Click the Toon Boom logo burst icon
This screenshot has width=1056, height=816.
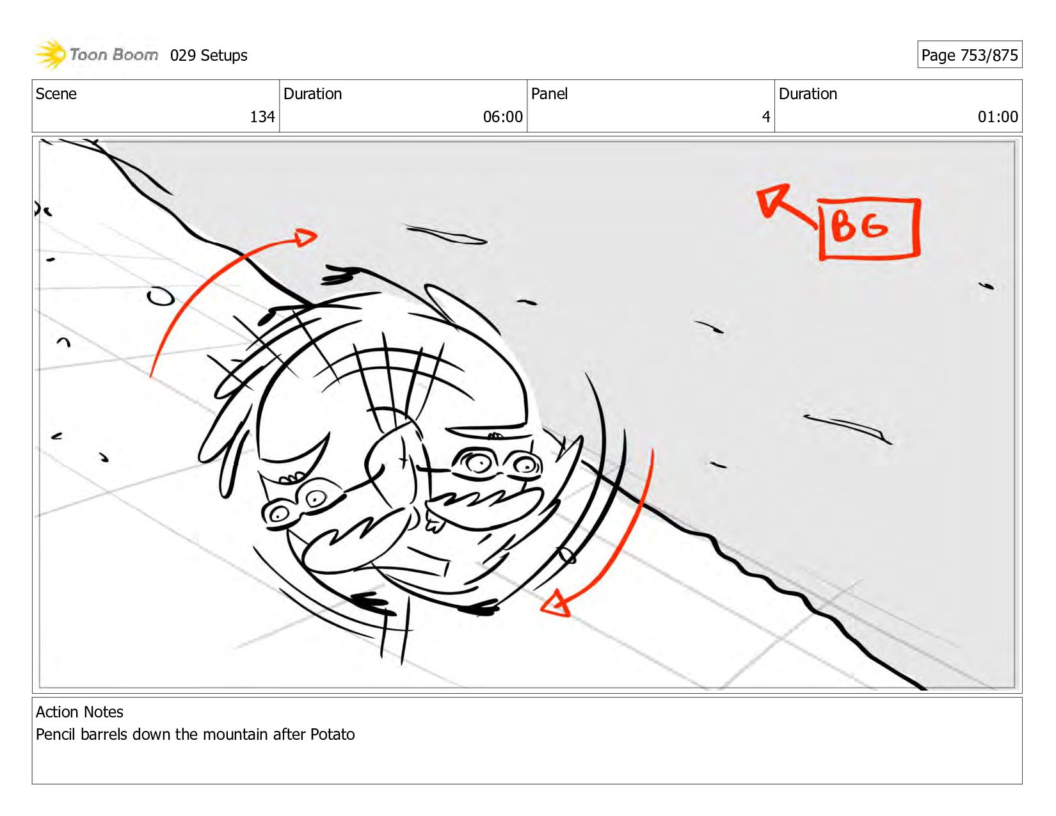[x=51, y=54]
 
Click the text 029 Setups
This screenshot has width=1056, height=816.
[x=209, y=56]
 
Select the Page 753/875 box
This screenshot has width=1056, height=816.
[x=970, y=54]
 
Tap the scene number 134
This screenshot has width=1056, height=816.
[x=262, y=116]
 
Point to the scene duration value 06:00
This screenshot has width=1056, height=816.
[x=502, y=116]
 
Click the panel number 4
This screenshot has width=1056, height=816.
[x=766, y=116]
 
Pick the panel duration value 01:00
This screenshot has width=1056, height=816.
[x=998, y=116]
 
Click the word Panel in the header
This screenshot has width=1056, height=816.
[x=549, y=93]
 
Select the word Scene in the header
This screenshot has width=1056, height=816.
[x=56, y=93]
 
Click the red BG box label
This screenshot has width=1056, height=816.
[x=869, y=228]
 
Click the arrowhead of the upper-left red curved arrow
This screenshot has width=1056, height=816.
[x=305, y=237]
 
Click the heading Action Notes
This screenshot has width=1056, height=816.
[x=79, y=712]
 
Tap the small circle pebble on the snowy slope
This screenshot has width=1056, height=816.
[x=161, y=296]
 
